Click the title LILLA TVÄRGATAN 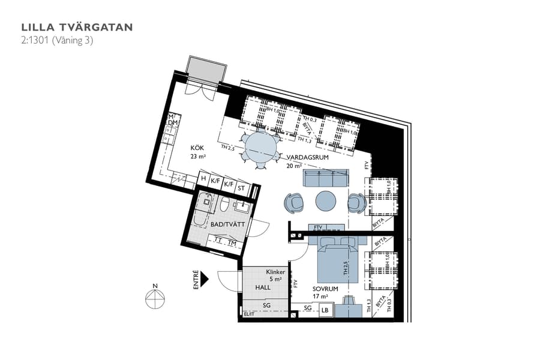[x=77, y=27]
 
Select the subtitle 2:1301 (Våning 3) [x=57, y=41]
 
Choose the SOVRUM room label [x=325, y=289]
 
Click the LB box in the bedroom [x=325, y=310]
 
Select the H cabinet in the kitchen [x=204, y=178]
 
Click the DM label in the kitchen [x=173, y=123]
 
